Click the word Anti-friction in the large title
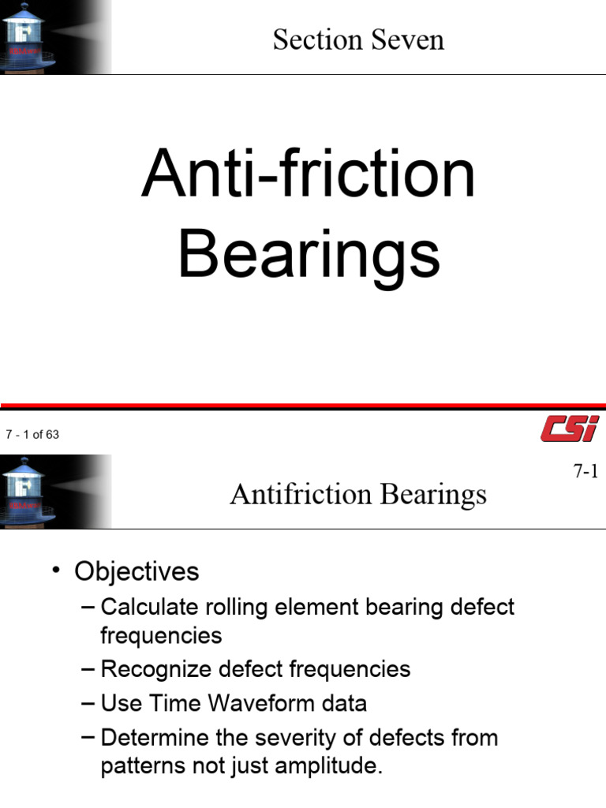click(x=309, y=174)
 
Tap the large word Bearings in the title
click(x=309, y=254)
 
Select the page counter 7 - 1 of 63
click(x=32, y=435)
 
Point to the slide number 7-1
click(x=586, y=472)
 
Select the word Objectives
click(x=137, y=571)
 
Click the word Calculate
click(x=149, y=608)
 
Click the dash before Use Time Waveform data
click(x=88, y=703)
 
